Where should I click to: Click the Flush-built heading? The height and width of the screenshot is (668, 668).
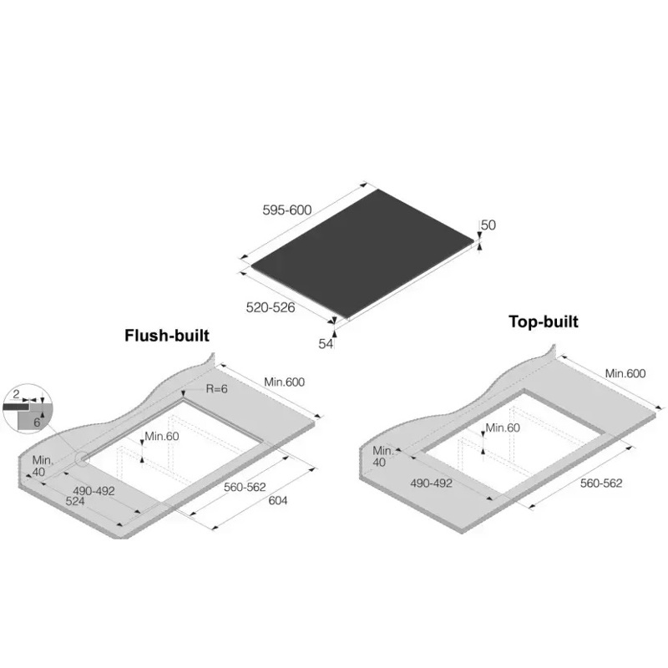(x=167, y=336)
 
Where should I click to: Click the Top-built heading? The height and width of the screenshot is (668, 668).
(x=544, y=321)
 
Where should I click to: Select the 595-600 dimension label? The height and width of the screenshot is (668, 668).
(x=287, y=210)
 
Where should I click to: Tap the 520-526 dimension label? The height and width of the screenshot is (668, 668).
(x=271, y=307)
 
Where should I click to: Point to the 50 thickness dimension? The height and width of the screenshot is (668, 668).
(x=488, y=225)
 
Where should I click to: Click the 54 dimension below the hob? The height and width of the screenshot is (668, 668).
(x=326, y=344)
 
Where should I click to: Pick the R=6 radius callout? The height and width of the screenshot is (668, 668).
(x=217, y=388)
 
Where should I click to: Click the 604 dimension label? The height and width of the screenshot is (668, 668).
(x=278, y=500)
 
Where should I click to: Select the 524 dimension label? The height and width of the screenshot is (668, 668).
(x=75, y=502)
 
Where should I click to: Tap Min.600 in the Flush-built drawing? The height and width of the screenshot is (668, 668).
(x=285, y=382)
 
